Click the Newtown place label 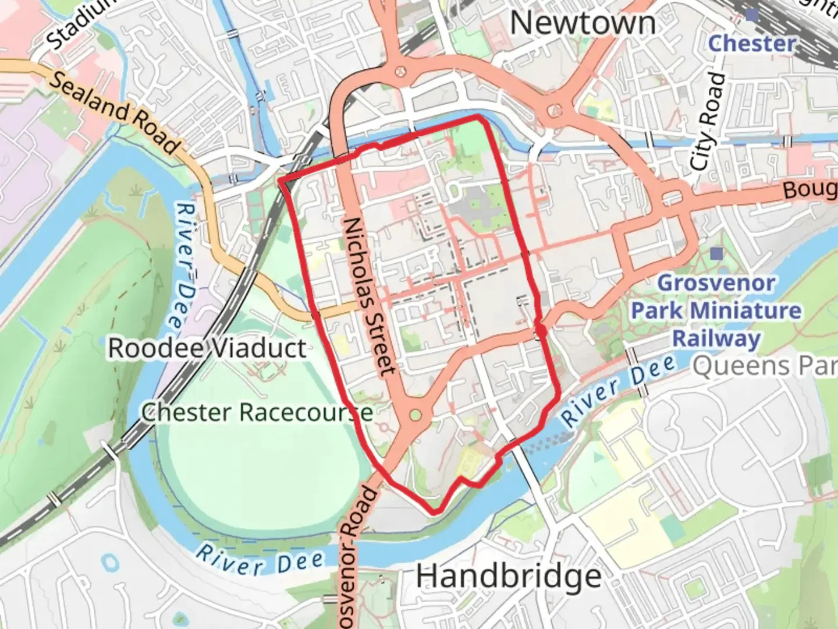(583, 24)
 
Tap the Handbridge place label (509, 577)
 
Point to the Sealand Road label (113, 112)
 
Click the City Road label (708, 122)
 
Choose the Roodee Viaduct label (207, 348)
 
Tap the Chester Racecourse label (257, 412)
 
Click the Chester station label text (752, 43)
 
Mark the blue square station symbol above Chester (752, 14)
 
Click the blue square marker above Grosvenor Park (716, 253)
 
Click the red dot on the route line (541, 331)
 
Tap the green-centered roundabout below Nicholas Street (415, 415)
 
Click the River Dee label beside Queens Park (618, 391)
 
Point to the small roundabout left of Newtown (400, 71)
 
